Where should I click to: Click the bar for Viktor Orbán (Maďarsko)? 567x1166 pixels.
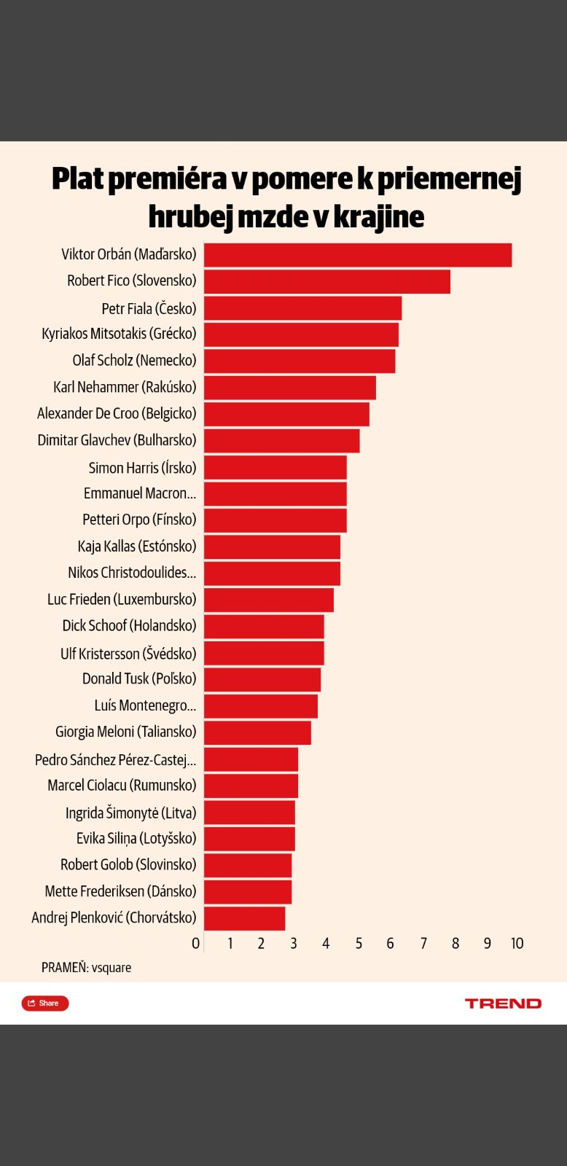357,255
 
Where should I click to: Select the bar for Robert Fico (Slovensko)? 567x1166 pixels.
326,281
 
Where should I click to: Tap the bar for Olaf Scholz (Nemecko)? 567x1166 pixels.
299,361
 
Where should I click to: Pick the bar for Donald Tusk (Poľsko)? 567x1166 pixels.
262,679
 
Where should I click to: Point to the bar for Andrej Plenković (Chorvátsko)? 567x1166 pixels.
244,918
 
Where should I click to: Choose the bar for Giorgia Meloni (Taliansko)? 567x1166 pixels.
257,732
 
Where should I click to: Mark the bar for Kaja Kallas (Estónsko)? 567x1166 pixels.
272,547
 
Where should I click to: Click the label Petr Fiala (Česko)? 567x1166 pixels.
149,308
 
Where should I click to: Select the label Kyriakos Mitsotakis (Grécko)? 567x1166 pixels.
119,334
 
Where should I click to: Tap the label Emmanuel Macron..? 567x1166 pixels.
139,493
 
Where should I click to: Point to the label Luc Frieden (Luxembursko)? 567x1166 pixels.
122,599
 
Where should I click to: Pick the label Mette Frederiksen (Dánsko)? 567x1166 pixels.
120,891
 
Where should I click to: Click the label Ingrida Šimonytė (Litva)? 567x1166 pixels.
130,813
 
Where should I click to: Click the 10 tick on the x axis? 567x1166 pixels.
517,944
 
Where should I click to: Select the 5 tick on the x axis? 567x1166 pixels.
359,944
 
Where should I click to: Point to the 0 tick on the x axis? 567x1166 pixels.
195,944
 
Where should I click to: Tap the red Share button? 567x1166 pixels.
45,1003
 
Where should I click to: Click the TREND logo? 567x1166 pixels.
503,1003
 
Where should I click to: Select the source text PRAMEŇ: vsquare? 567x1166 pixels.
86,968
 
